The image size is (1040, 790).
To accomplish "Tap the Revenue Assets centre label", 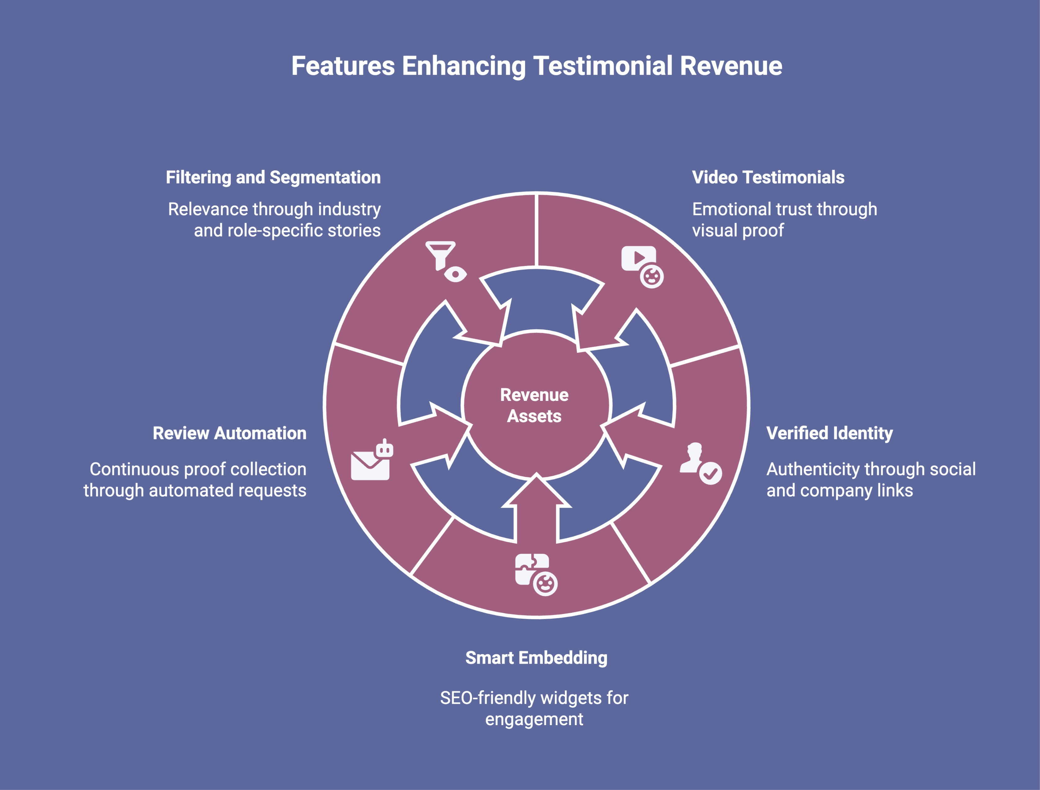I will pyautogui.click(x=534, y=405).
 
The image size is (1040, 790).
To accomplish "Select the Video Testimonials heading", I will pyautogui.click(x=768, y=177).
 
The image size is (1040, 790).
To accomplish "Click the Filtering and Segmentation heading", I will pyautogui.click(x=273, y=177).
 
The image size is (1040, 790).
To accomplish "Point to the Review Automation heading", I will pyautogui.click(x=230, y=433).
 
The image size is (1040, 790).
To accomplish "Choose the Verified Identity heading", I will pyautogui.click(x=829, y=433).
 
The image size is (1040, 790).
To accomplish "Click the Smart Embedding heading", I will pyautogui.click(x=536, y=658).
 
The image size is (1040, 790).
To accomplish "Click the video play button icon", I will pyautogui.click(x=638, y=258).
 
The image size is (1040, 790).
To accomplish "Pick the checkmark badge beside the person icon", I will pyautogui.click(x=710, y=473).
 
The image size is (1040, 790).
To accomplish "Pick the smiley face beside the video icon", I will pyautogui.click(x=652, y=276).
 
